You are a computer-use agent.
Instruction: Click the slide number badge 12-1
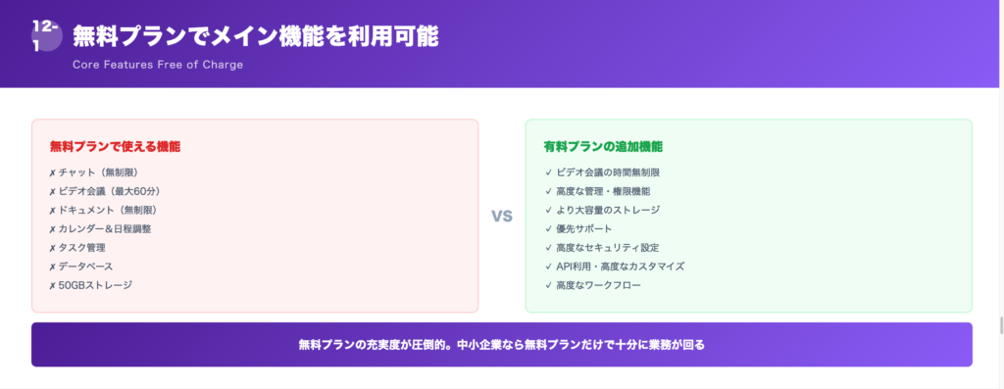[46, 37]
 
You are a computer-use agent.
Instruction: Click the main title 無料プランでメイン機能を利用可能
[255, 36]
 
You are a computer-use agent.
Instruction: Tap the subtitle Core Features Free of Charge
[158, 65]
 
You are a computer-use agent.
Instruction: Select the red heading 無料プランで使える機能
[115, 146]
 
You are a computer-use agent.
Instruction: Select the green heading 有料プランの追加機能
[603, 146]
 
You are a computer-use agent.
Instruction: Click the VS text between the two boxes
[502, 216]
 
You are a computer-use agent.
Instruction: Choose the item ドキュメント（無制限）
[108, 210]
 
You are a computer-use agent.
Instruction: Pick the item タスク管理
[82, 247]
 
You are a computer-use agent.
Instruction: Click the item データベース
[86, 266]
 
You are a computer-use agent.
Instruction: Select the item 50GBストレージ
[95, 284]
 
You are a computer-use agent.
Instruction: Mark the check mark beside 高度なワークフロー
[548, 285]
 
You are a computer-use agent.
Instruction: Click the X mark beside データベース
[52, 267]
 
